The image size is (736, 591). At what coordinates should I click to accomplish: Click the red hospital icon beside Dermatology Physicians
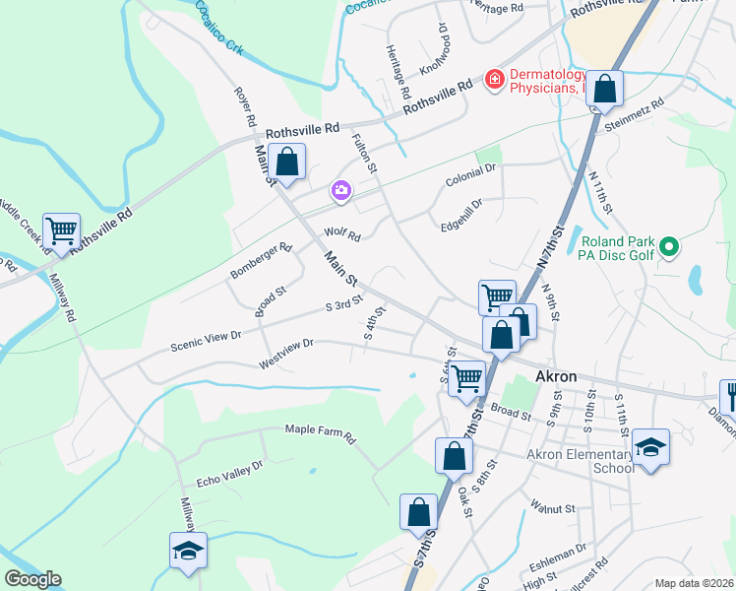pos(494,78)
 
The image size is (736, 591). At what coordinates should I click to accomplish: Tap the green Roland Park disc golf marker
pos(670,245)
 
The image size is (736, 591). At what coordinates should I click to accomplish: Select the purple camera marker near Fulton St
pos(341,191)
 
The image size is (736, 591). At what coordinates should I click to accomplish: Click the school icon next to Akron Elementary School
pos(650,447)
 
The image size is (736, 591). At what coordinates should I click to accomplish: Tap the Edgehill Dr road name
pos(462,216)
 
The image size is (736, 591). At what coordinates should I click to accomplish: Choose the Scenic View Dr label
pos(206,340)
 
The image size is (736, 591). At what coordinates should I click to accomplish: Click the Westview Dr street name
pos(285,354)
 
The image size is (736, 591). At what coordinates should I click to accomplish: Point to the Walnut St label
pos(552,508)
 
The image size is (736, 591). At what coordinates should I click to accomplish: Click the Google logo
pos(32,579)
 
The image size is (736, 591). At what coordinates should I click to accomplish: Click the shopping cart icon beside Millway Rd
pos(61,231)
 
